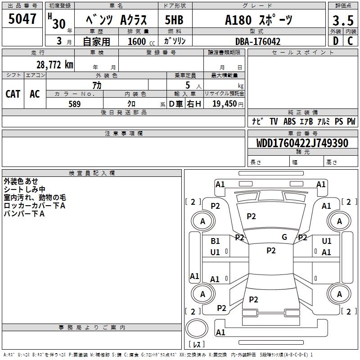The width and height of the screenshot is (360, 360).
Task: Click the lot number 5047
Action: [22, 19]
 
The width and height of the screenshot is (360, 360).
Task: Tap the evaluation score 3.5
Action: [342, 20]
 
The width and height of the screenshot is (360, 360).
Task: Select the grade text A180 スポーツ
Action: [259, 19]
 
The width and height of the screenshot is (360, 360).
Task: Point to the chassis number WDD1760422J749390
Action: [302, 143]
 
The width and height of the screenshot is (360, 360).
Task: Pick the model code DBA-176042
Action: [258, 41]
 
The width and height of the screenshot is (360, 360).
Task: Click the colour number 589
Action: [74, 104]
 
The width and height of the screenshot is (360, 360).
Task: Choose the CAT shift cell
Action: [13, 94]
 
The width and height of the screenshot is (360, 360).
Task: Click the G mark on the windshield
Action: [284, 237]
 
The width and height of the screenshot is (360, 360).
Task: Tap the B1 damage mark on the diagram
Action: [215, 241]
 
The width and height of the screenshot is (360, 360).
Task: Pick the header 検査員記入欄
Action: [92, 173]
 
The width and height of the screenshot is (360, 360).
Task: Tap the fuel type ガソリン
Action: [175, 41]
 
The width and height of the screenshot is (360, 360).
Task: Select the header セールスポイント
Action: [303, 53]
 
